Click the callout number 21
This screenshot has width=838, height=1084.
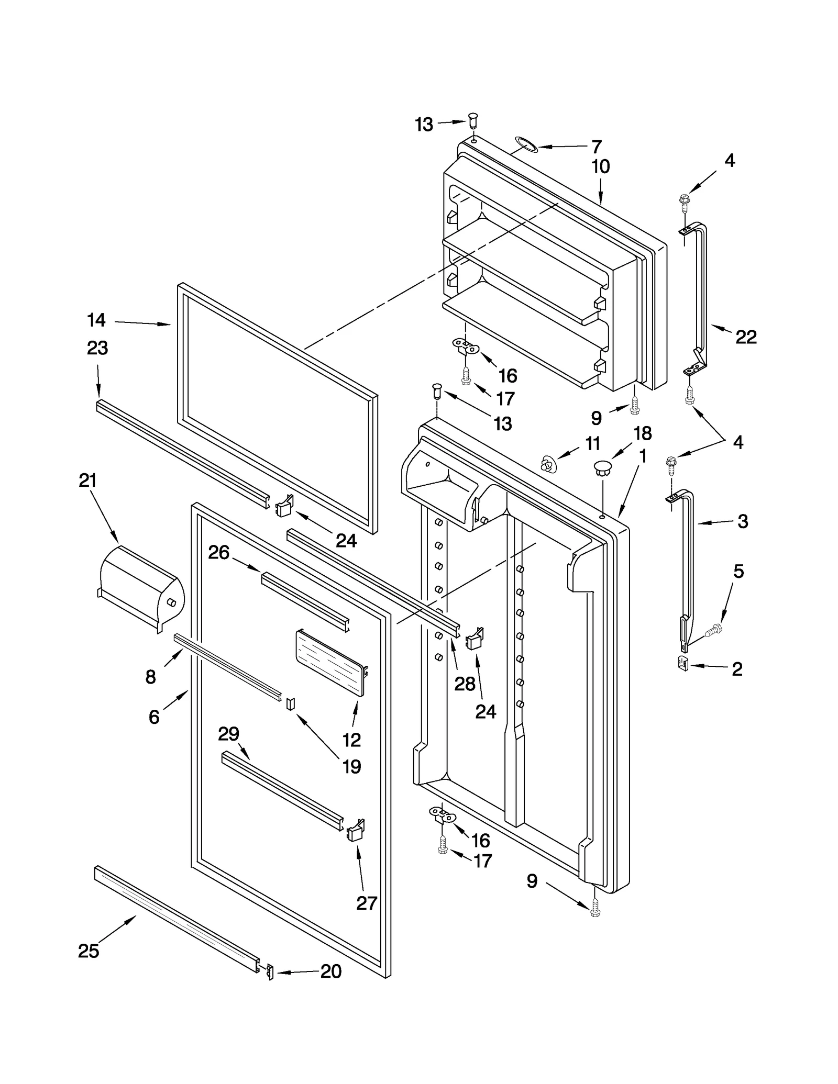coord(87,480)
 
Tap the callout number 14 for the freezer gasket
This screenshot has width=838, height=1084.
coord(96,320)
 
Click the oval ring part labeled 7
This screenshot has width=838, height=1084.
coord(526,144)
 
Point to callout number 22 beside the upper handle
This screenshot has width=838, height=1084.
coord(746,337)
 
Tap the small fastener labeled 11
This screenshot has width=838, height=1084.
coord(548,463)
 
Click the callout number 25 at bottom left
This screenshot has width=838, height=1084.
coord(88,950)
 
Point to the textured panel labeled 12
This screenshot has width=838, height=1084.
coord(330,662)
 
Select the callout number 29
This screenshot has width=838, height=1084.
coord(228,734)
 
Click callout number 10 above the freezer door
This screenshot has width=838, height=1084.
coord(600,166)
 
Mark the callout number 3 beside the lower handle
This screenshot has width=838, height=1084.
coord(742,521)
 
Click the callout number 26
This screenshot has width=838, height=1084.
coord(218,552)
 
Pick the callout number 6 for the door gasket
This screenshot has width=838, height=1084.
coord(153,717)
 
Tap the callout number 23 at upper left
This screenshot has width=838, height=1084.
coord(97,348)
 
